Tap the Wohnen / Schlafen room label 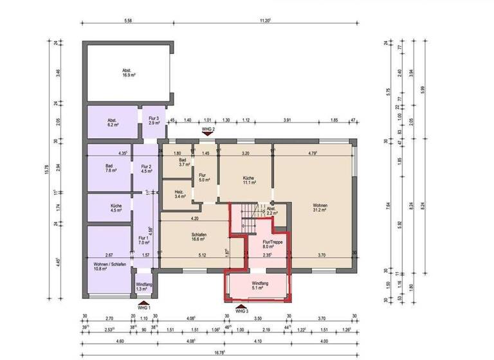click(x=108, y=264)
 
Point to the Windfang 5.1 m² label click(x=260, y=287)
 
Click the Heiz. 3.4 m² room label click(x=180, y=194)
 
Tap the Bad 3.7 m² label click(x=183, y=163)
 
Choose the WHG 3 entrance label click(x=241, y=311)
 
